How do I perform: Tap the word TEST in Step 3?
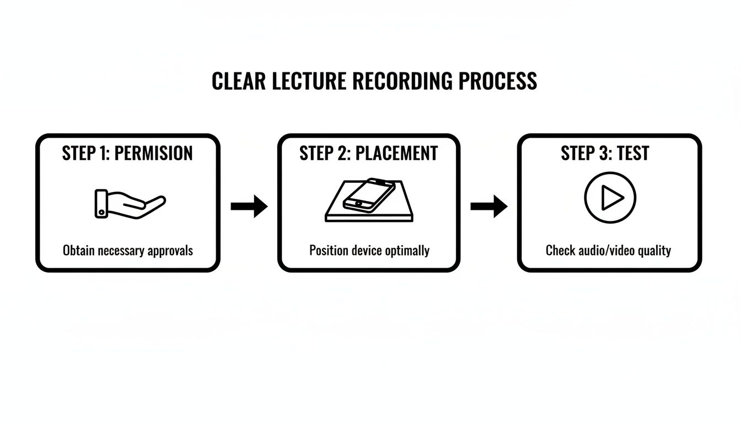633,153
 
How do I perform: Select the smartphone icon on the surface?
369,194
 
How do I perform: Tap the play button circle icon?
610,198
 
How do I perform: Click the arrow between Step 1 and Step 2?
249,207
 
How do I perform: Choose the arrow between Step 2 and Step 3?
488,207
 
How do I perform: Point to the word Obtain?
79,251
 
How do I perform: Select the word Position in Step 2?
329,251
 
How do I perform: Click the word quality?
654,251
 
